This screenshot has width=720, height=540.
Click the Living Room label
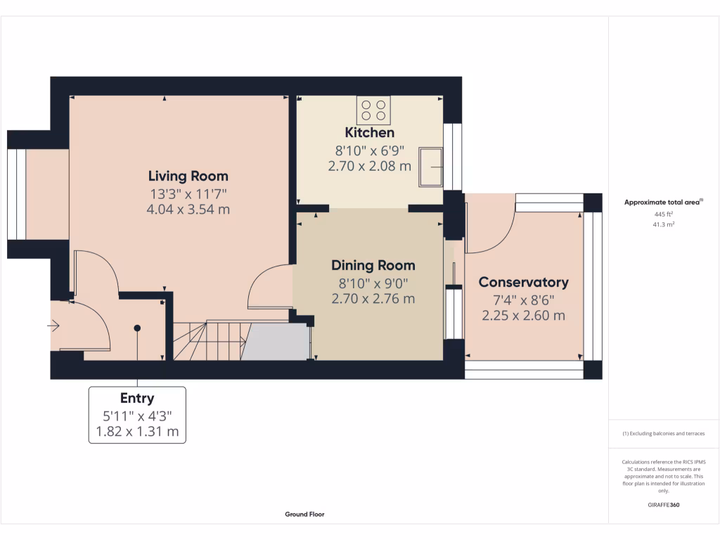coord(188,176)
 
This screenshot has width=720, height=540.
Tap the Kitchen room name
coord(369,132)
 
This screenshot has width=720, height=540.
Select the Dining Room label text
coord(373,265)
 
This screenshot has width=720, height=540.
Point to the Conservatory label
coord(523,282)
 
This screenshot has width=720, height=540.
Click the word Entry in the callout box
coord(137,399)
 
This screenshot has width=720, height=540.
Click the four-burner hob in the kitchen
coord(373,110)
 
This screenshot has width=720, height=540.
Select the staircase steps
coord(211,340)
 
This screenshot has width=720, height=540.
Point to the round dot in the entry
coord(137,328)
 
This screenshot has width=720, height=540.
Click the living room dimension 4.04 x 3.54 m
coord(188,209)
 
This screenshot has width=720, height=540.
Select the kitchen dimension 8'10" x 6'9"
coord(369,150)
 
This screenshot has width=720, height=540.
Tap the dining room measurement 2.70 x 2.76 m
coord(373,299)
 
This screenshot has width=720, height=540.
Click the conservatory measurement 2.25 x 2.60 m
coord(523,316)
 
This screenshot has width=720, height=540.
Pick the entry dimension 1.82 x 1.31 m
coord(137,431)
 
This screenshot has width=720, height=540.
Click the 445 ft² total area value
coord(664,214)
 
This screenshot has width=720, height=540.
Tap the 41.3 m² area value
coord(664,224)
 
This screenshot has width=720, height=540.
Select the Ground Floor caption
coord(304,514)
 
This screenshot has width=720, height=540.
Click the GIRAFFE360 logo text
coord(664,505)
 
